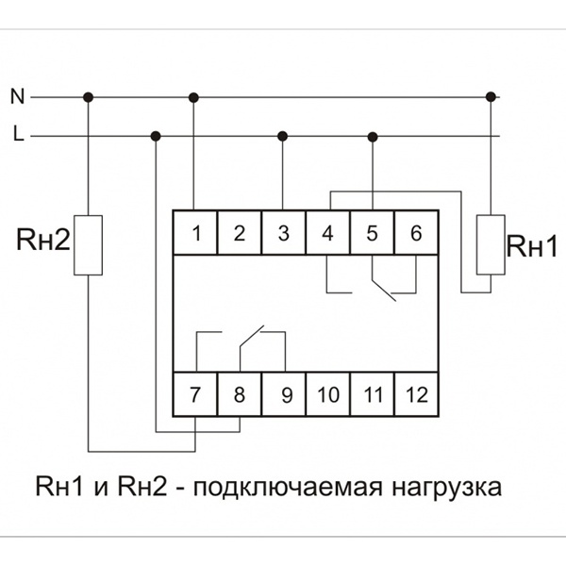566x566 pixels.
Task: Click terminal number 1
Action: click(x=194, y=234)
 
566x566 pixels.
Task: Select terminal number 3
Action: click(x=283, y=234)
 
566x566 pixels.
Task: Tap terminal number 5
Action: click(x=372, y=234)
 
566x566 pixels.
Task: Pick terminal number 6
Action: click(x=416, y=234)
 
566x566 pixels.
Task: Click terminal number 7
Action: click(x=194, y=395)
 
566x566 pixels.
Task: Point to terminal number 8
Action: click(x=239, y=395)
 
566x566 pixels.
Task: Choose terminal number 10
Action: click(x=327, y=395)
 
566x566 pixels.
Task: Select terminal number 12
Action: click(x=416, y=395)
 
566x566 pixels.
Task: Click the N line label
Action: click(x=16, y=95)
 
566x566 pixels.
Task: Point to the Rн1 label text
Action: click(x=533, y=247)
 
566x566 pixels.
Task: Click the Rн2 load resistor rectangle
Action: click(x=88, y=245)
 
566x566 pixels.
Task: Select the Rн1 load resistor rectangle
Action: click(x=491, y=244)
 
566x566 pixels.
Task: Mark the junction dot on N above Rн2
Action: click(x=88, y=96)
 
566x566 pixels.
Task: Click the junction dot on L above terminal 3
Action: click(x=282, y=137)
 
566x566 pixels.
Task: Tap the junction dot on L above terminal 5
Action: click(x=373, y=137)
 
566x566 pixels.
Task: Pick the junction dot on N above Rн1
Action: click(x=491, y=96)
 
